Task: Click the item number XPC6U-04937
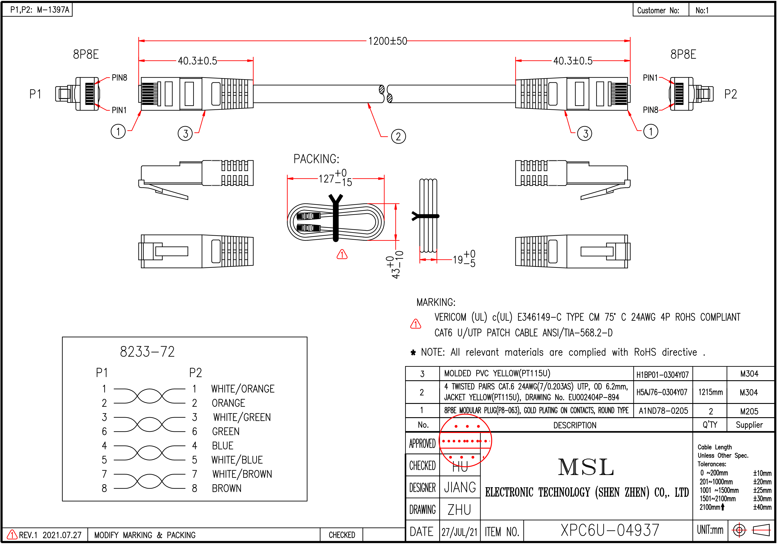610,530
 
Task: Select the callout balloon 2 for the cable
398,137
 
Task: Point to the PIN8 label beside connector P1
119,78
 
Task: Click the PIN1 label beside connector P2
650,78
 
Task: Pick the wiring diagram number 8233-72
147,352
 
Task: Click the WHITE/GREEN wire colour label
242,417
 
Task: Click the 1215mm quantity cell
710,392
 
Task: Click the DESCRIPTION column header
575,425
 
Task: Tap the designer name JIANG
460,487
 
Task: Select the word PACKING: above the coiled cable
316,159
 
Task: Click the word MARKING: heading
436,302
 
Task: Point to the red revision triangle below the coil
342,254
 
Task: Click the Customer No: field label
658,10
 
